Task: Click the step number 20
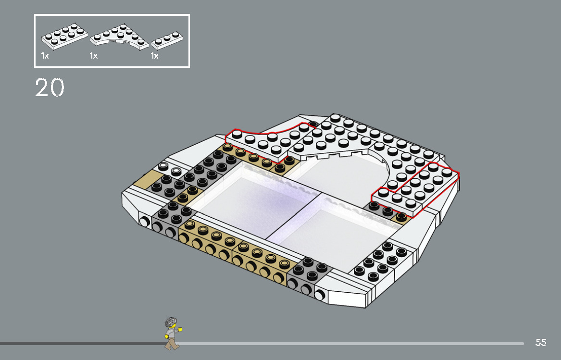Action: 50,88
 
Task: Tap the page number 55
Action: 541,343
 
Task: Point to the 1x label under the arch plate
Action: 93,56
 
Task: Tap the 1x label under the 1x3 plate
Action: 154,56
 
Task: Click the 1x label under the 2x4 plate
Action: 45,56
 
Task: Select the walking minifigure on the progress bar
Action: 172,333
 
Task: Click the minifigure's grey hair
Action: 170,322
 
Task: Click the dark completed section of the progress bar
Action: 82,344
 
